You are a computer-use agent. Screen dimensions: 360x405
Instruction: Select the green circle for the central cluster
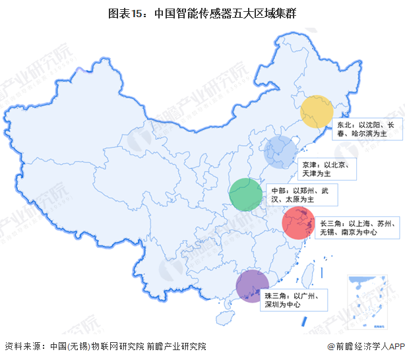coord(245,194)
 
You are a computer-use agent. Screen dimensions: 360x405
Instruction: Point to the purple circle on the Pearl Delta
coord(253,286)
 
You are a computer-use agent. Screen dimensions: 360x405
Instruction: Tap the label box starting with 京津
coord(328,169)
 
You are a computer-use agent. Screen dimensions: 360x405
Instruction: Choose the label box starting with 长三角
coord(356,228)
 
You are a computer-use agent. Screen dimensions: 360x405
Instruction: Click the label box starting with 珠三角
coord(292,300)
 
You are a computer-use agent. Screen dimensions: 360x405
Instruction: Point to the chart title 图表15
coord(202,12)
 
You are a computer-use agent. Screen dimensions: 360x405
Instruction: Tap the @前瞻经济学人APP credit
coord(365,346)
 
